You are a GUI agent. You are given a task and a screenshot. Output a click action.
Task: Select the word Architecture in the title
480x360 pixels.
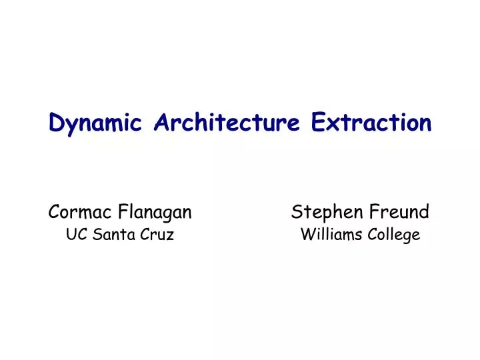[227, 123]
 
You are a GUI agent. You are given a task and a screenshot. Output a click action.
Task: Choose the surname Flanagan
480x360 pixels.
[155, 213]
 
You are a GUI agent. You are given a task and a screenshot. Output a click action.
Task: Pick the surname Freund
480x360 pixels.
[399, 213]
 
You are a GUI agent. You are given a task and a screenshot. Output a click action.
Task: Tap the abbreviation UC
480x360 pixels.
[75, 235]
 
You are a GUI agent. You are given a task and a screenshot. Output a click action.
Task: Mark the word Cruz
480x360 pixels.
[158, 235]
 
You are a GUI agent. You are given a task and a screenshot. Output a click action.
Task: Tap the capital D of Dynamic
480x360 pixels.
[57, 123]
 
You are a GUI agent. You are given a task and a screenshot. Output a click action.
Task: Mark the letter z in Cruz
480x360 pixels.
[170, 236]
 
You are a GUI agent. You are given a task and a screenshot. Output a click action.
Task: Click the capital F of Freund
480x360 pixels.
[373, 213]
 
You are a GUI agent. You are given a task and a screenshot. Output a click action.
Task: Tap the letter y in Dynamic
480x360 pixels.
[70, 125]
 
